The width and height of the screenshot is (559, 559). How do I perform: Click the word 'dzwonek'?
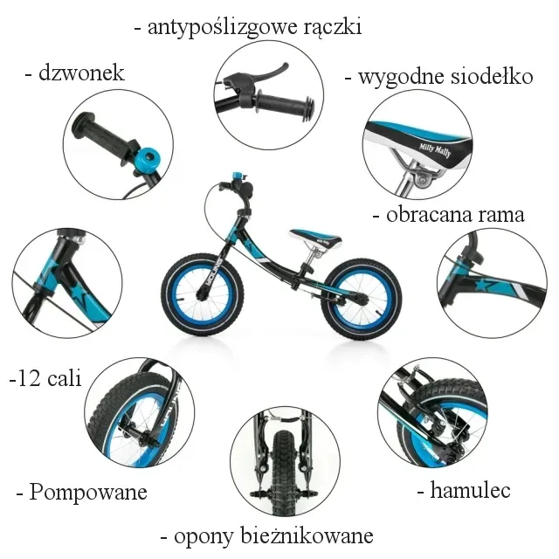81,73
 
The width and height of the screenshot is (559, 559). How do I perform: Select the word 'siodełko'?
492,77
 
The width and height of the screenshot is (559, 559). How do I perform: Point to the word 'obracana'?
429,215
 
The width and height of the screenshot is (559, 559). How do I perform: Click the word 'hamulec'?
470,489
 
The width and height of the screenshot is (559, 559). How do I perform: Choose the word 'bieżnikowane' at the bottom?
307,535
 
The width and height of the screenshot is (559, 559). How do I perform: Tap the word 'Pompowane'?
88,493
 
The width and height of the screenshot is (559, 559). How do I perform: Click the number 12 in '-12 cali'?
29,378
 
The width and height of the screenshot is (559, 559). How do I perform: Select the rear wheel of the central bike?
362,299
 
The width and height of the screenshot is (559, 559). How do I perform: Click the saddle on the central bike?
315,237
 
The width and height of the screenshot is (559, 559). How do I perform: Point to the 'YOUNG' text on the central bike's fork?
214,272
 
